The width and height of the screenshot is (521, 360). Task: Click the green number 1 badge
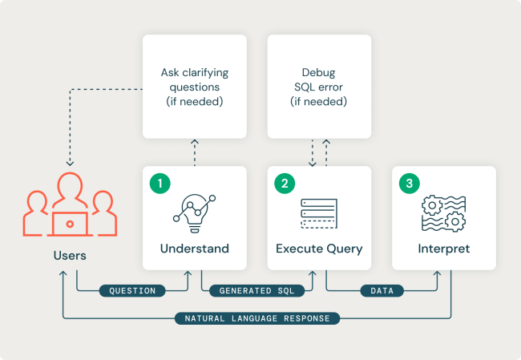(160, 184)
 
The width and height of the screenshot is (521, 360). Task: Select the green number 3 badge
(409, 184)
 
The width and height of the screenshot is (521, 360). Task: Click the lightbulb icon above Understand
(194, 209)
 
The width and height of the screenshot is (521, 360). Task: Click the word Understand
(194, 249)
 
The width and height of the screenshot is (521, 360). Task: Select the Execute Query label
(319, 249)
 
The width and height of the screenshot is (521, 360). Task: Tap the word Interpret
(443, 249)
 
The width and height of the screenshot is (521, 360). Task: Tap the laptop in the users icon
(69, 224)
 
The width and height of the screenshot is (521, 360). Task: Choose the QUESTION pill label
(132, 290)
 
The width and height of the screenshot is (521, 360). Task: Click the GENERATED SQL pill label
(257, 290)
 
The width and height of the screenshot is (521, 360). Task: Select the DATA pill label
(382, 290)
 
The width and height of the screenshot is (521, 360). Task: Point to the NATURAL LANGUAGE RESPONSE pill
(257, 318)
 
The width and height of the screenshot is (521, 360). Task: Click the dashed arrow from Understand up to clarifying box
(194, 152)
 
